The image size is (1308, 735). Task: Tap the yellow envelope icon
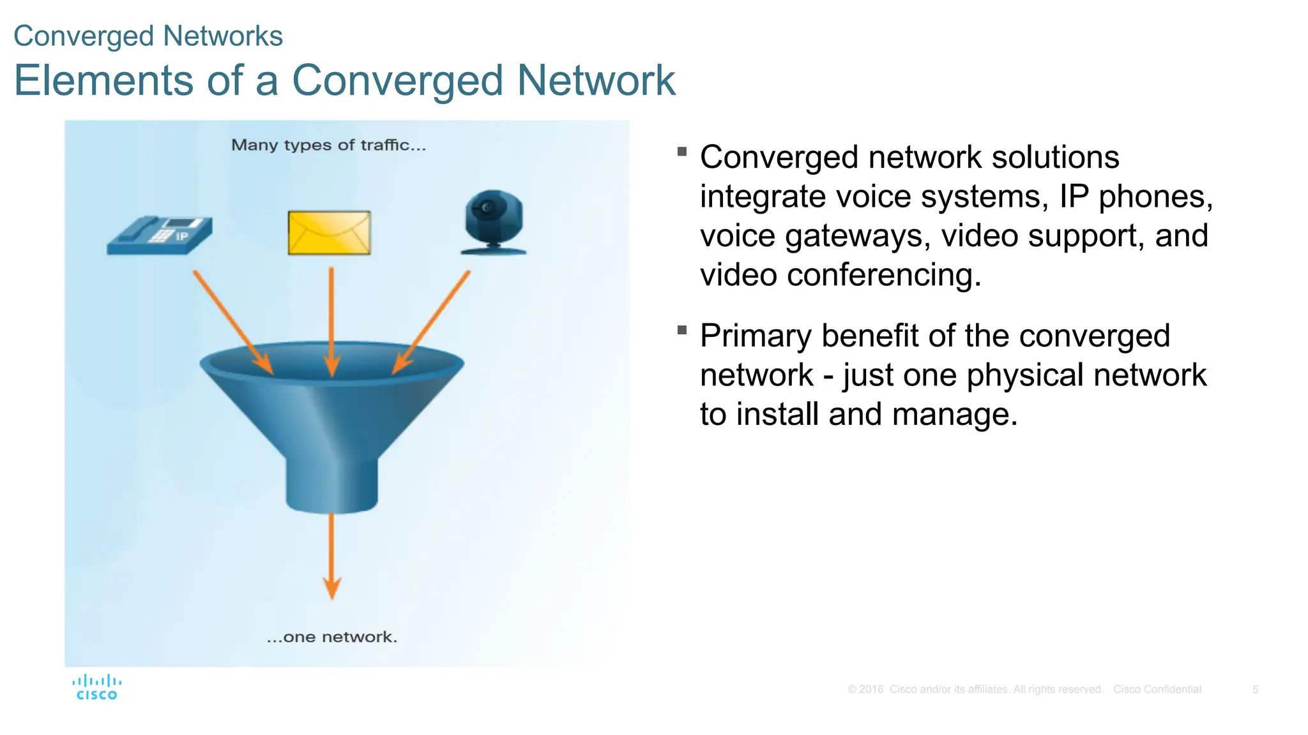click(329, 233)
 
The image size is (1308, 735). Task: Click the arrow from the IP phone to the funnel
click(233, 322)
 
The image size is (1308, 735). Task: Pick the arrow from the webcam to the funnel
click(431, 322)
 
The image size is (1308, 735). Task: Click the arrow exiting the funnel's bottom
click(331, 555)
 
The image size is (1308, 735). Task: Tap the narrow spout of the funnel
click(331, 485)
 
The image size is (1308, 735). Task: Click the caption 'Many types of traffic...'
click(328, 145)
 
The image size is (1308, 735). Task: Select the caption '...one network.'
click(332, 637)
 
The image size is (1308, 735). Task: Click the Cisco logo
click(96, 688)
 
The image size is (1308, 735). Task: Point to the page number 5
click(1255, 690)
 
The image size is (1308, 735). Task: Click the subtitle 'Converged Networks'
click(148, 36)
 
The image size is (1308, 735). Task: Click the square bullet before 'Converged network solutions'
click(682, 152)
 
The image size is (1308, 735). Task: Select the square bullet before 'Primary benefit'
click(682, 330)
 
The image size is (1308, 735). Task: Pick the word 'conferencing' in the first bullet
click(883, 276)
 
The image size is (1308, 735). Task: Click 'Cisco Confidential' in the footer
click(1157, 690)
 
